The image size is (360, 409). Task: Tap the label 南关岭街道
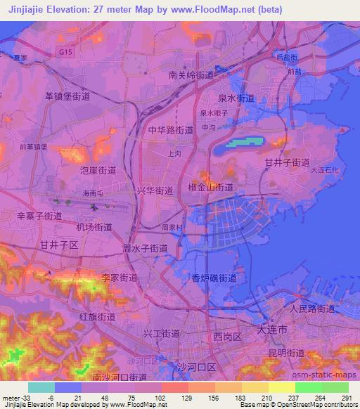point(191,74)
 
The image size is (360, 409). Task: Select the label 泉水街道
point(236,98)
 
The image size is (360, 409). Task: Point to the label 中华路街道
point(171,130)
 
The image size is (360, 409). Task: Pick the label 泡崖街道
point(98,170)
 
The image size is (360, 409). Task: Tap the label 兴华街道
point(155,190)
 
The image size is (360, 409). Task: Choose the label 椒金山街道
point(212,188)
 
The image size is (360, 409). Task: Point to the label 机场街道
point(94,227)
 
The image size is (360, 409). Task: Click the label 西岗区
point(228,337)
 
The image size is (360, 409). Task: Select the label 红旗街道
point(97,317)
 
